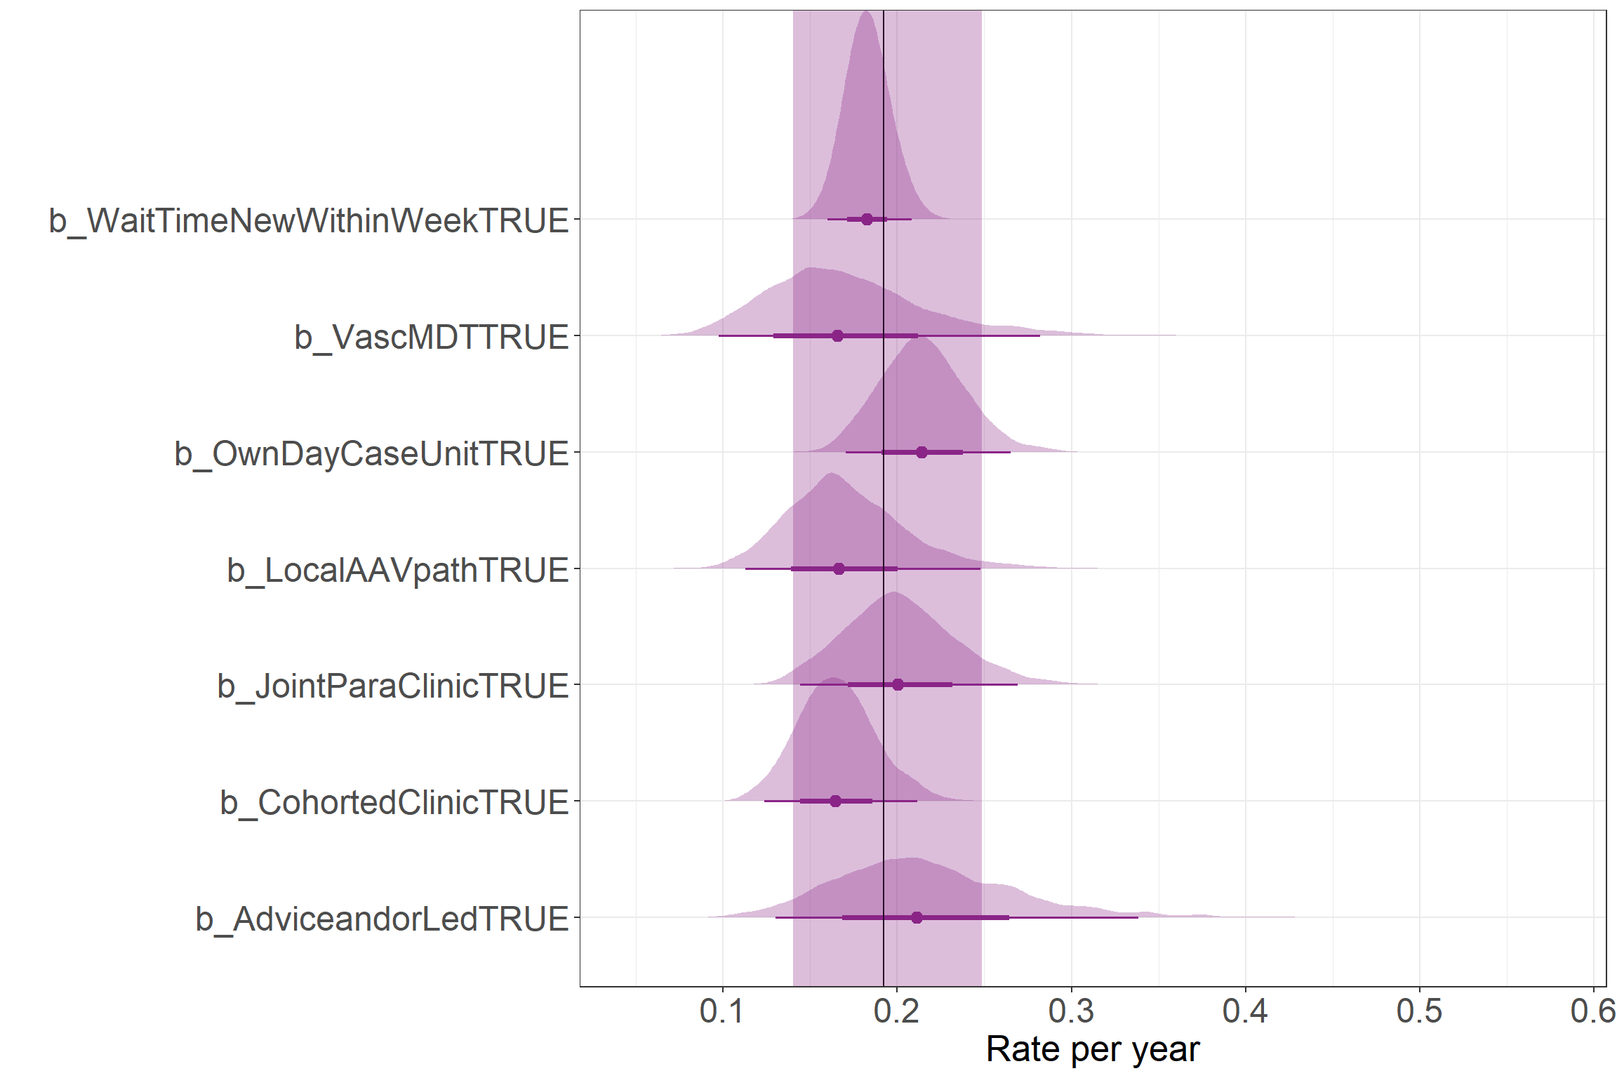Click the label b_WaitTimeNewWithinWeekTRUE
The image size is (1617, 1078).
(308, 220)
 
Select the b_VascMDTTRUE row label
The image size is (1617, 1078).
(431, 337)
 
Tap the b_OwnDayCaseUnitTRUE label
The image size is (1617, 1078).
(371, 453)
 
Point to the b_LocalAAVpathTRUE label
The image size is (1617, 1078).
(397, 570)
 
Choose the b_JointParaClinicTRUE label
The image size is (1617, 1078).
(392, 686)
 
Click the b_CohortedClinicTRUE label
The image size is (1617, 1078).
(394, 802)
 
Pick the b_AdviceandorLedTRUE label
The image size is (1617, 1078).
(382, 919)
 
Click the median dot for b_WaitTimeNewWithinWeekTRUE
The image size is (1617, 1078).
(867, 219)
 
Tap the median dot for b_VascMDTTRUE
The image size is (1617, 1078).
(837, 335)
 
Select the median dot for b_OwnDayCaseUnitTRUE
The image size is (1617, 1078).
(921, 452)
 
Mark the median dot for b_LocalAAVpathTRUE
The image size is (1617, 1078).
(839, 568)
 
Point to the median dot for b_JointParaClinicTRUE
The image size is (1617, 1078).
(898, 684)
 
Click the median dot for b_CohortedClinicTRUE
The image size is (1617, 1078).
(835, 801)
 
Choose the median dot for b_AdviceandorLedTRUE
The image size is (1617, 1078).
(917, 917)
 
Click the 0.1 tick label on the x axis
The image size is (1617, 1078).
(722, 1011)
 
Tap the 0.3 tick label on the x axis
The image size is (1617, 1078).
(1071, 1011)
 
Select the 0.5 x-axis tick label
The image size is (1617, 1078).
(1419, 1011)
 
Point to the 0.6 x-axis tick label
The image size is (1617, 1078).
(1592, 1011)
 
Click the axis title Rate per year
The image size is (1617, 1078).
(1093, 1049)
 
